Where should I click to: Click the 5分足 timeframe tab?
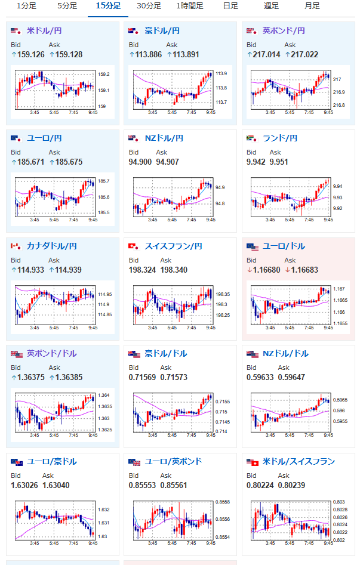(67, 6)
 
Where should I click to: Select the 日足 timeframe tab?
(230, 6)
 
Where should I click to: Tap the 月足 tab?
(312, 6)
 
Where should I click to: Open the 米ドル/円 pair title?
(44, 30)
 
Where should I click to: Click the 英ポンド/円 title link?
(284, 30)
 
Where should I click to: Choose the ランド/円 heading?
(280, 138)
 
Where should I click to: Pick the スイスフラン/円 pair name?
(173, 246)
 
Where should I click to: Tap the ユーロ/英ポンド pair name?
(173, 462)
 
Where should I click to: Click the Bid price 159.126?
(31, 54)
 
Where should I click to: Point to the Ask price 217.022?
(304, 54)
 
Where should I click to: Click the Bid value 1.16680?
(267, 270)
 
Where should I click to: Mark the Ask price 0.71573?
(174, 377)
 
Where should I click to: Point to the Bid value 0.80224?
(260, 486)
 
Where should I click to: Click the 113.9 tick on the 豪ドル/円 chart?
(221, 73)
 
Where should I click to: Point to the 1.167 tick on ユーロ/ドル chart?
(339, 289)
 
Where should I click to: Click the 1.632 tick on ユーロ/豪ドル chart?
(103, 510)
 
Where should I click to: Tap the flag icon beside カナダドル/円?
(16, 246)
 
